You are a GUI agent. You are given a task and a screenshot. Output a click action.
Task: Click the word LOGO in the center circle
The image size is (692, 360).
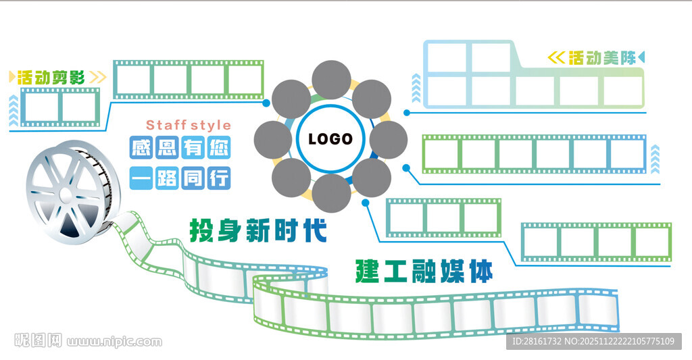(330, 139)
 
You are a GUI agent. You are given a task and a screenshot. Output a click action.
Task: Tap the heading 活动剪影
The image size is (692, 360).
(51, 77)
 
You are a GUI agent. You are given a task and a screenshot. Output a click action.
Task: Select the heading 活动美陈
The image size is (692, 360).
(602, 58)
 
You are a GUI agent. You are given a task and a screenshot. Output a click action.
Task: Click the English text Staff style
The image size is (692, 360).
(189, 125)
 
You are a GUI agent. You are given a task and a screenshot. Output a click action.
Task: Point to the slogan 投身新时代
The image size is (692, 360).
(258, 230)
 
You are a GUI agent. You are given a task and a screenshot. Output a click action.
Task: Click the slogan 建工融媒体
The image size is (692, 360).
(424, 270)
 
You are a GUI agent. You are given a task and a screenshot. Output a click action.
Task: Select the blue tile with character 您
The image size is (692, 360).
(218, 147)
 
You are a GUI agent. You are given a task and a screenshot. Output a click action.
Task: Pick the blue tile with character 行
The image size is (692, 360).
(218, 178)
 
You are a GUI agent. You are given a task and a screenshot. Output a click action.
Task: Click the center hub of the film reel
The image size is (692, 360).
(66, 195)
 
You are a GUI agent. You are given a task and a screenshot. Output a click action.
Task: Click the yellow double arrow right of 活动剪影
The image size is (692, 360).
(97, 77)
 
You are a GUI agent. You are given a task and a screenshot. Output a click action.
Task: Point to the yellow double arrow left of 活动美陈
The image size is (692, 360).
(555, 58)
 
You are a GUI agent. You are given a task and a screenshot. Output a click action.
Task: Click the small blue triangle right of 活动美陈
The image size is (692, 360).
(642, 57)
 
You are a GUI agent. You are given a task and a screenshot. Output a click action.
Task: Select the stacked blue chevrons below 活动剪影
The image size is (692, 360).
(14, 111)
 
